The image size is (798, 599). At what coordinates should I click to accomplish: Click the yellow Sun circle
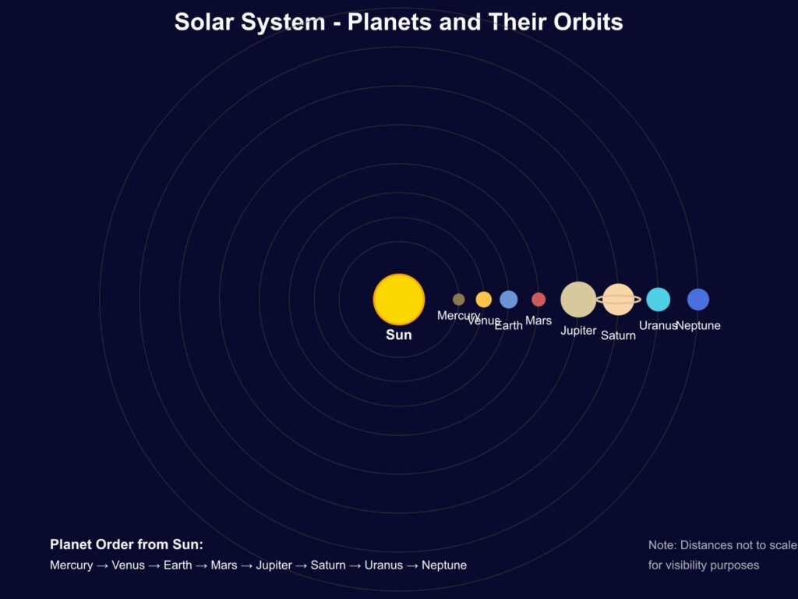click(399, 299)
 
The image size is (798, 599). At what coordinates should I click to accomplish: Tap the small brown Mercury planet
click(458, 299)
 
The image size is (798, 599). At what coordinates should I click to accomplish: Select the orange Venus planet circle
click(483, 299)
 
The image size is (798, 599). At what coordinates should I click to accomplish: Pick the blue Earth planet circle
click(508, 299)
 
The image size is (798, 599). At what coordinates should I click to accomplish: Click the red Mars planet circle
click(538, 299)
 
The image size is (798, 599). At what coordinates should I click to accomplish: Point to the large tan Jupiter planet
click(578, 299)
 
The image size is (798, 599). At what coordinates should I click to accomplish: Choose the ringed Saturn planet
click(618, 299)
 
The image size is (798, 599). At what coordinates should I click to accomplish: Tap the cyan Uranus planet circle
click(658, 299)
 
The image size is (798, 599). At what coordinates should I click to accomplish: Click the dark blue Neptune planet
click(698, 299)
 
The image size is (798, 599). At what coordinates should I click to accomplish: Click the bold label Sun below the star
click(399, 335)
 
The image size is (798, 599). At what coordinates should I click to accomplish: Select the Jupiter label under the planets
click(578, 331)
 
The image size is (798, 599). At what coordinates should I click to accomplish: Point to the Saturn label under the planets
click(618, 335)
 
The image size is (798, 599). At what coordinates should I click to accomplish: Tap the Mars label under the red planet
click(538, 321)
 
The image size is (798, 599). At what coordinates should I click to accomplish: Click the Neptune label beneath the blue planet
click(699, 325)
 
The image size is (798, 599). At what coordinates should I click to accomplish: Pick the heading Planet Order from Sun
click(127, 544)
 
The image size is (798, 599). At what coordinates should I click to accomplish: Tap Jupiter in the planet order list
click(274, 565)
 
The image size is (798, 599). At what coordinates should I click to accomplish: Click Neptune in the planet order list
click(444, 565)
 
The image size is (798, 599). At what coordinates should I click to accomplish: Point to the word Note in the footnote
click(661, 545)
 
